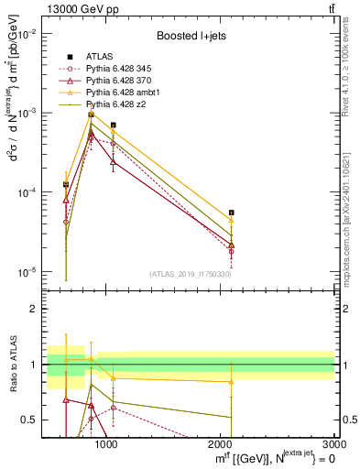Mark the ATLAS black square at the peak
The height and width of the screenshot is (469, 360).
91,115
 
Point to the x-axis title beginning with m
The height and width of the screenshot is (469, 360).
275,459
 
